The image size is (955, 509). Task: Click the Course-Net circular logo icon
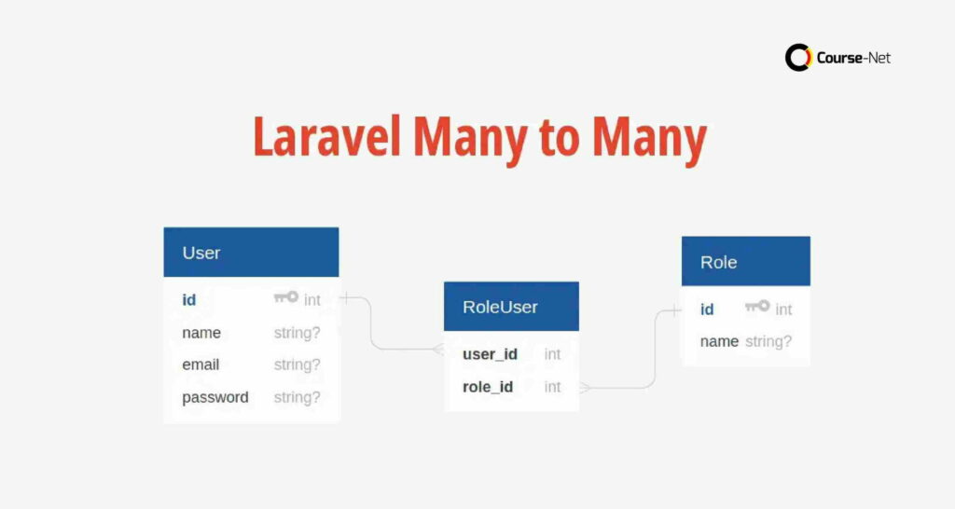[798, 58]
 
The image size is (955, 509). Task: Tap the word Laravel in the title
[326, 139]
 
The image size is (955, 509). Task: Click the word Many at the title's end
[649, 139]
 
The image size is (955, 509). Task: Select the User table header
[251, 253]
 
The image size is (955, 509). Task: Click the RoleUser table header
[511, 307]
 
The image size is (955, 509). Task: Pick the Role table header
[745, 262]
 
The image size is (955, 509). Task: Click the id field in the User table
[189, 300]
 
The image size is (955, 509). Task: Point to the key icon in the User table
[285, 297]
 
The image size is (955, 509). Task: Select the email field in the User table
[201, 365]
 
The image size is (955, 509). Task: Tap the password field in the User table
[215, 397]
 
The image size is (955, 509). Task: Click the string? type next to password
[297, 397]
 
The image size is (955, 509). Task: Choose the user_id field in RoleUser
[490, 354]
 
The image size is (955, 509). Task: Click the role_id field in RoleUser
[488, 387]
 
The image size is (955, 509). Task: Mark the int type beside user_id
[553, 354]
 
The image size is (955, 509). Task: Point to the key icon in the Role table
[757, 307]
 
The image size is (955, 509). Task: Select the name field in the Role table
[719, 341]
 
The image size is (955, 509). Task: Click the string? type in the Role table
[768, 341]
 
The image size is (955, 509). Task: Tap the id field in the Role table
[707, 310]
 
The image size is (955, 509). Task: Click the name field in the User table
[201, 333]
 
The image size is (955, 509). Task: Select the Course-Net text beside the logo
[853, 58]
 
